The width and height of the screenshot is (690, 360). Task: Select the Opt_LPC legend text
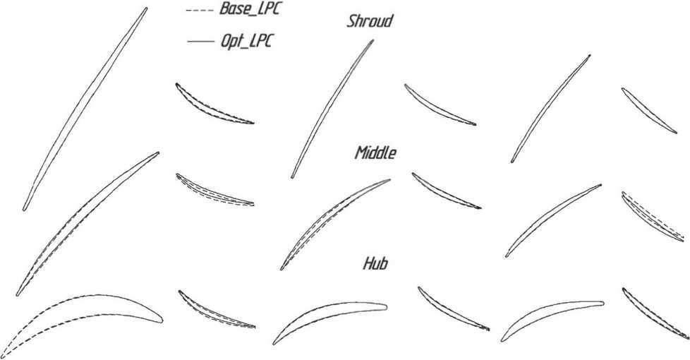[246, 42]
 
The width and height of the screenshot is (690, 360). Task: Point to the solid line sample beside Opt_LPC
[200, 43]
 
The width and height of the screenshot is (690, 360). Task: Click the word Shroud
[370, 21]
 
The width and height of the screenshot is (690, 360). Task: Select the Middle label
[376, 153]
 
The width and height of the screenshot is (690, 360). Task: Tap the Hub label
[376, 264]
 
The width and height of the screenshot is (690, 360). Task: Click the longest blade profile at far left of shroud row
[85, 109]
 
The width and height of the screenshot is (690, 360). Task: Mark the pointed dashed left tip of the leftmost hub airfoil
[3, 354]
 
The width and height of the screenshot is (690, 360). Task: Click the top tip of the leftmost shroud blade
[146, 8]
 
